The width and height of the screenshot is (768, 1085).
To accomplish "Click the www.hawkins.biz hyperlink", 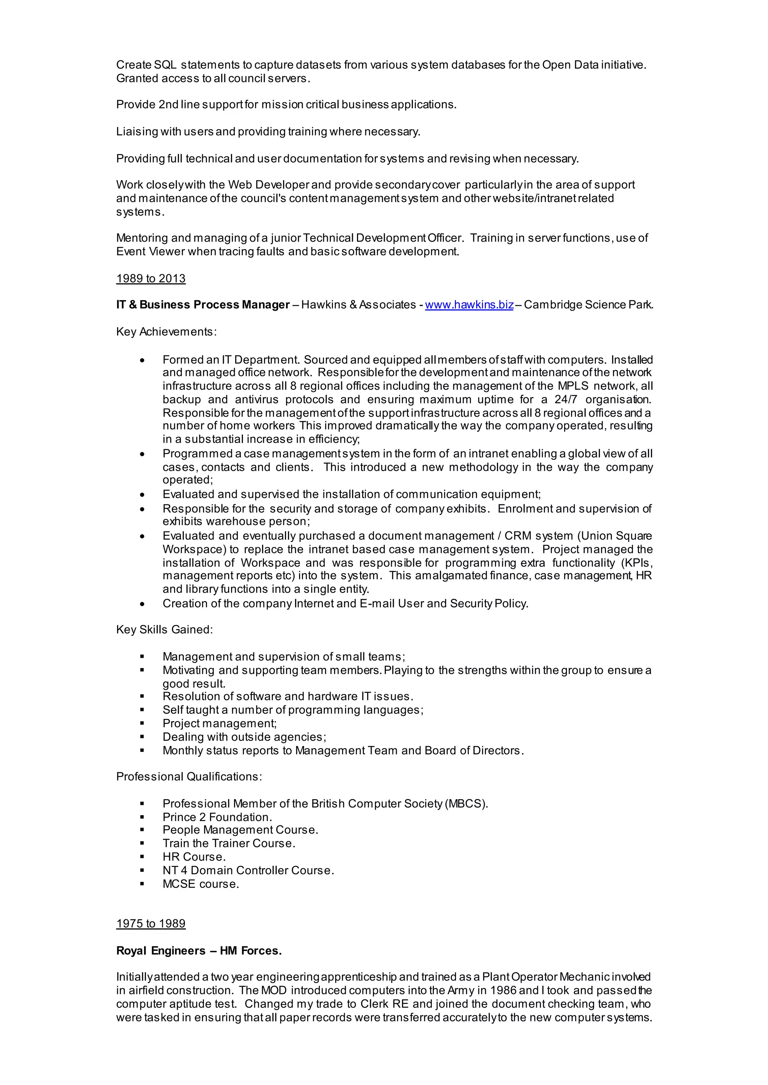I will coord(469,305).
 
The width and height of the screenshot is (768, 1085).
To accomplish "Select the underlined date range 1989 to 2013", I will coord(151,278).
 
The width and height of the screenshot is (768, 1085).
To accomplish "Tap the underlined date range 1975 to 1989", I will coord(151,924).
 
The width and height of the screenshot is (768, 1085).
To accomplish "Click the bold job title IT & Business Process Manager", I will coord(203,305).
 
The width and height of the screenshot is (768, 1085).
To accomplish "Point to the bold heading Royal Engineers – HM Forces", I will coord(199,951).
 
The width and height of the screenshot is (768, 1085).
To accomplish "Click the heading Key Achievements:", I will coord(166,332).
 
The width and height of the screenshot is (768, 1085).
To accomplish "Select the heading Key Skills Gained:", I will coord(165,629).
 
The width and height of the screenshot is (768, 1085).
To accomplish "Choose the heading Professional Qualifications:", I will coord(189,776).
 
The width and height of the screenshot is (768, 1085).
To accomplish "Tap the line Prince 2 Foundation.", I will coord(217,817).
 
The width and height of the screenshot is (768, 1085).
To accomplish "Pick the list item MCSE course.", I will coord(201,884).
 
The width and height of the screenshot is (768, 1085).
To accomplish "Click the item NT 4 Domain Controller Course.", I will coord(248,870).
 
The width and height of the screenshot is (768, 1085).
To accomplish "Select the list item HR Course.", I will coord(194,857).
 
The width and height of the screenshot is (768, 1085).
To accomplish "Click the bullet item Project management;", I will coord(219,723).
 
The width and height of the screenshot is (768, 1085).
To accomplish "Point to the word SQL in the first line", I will coord(165,65).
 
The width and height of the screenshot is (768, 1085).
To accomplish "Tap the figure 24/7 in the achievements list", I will coord(565,399).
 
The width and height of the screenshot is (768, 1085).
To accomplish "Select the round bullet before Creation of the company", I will coord(142,604).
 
